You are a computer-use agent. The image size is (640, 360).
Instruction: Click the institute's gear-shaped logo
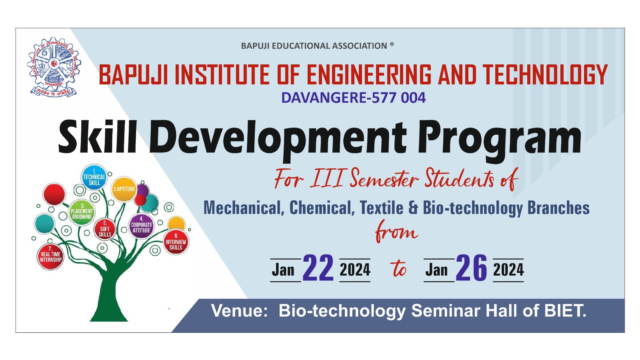pos(54,67)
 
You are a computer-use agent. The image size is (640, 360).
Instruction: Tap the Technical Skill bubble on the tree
pos(94,178)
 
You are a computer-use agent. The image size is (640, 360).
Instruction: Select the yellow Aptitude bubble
pos(124,189)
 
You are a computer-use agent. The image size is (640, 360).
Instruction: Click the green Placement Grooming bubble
pos(82,213)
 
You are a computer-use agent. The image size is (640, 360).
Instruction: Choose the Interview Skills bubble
pos(176,242)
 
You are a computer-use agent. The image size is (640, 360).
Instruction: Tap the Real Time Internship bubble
pos(50,256)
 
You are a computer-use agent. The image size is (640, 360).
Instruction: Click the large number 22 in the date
pos(318,268)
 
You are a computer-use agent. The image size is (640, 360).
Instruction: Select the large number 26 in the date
pos(471,268)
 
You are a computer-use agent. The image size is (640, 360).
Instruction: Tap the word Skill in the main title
pos(98,137)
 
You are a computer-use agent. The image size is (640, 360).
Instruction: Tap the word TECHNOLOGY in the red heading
pos(545,74)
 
